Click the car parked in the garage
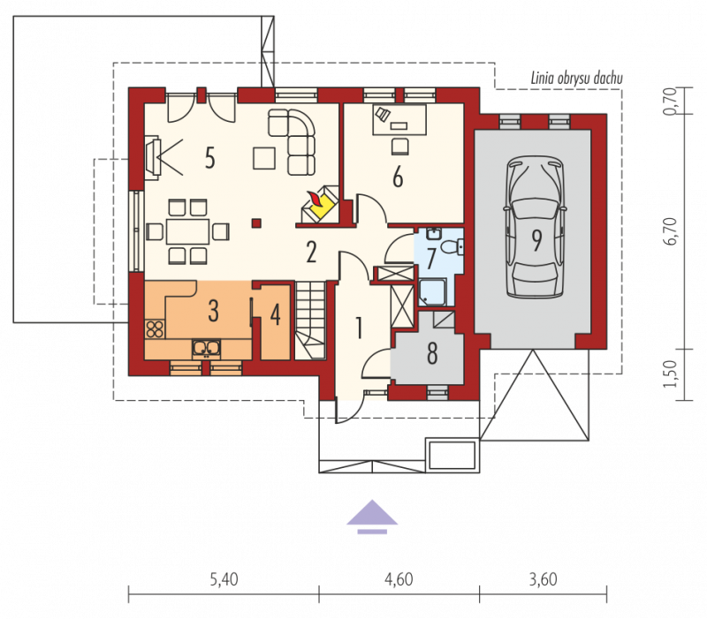click(536, 227)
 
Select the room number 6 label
click(397, 177)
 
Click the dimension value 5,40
click(224, 579)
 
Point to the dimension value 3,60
click(543, 579)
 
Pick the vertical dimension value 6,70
click(671, 231)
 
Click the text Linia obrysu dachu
click(577, 78)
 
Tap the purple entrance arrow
click(372, 517)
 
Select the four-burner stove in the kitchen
click(155, 328)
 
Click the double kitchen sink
click(207, 347)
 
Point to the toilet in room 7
click(452, 247)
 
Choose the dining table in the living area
click(187, 231)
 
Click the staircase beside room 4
click(310, 320)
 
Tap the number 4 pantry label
click(275, 314)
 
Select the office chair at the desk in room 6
click(399, 147)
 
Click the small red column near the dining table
click(256, 223)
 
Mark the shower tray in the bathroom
click(432, 292)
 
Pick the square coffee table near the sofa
click(263, 158)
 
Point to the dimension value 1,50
click(671, 374)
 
